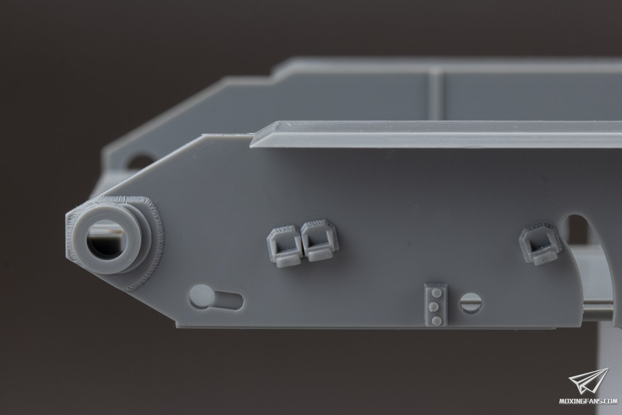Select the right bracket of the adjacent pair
319,239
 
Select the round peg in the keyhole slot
200,296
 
